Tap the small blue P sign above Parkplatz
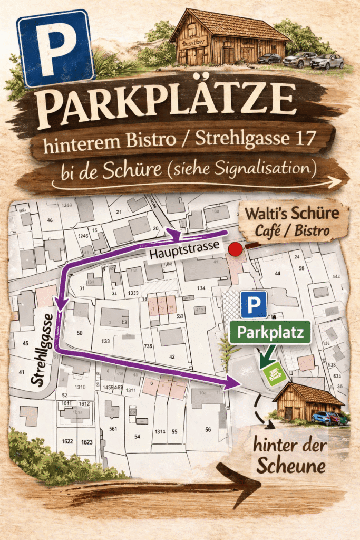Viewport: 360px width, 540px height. (254, 305)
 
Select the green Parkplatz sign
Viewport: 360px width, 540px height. (270, 333)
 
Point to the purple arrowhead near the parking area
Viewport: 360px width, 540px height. (232, 383)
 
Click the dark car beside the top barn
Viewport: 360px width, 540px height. (269, 58)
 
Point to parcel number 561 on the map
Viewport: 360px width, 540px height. (113, 429)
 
